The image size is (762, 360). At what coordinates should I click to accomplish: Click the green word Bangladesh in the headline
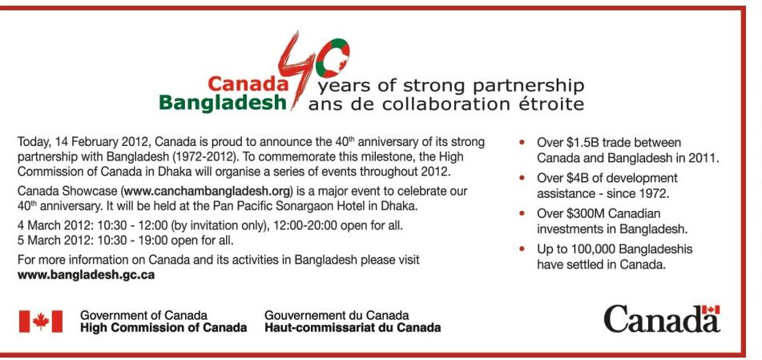coord(223,103)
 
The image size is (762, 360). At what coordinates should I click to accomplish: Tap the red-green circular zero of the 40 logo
coord(333,58)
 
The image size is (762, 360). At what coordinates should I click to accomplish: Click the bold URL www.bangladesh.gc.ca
coord(86,275)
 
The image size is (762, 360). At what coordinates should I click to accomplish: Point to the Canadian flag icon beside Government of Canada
coord(41,322)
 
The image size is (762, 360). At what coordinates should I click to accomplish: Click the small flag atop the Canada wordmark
coord(710,309)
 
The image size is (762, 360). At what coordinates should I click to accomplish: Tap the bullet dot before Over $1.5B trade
coord(522,143)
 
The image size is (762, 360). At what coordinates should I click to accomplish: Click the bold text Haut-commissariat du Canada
coord(353,327)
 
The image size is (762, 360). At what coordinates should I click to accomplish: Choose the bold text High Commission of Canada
coord(163,327)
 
